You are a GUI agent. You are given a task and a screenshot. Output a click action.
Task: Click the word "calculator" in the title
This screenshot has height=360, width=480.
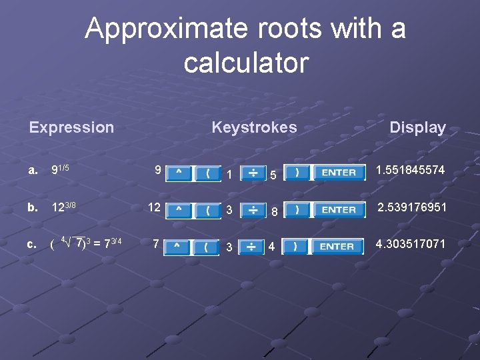point(246,63)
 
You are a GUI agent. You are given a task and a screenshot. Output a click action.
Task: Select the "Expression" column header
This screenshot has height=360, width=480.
point(71,127)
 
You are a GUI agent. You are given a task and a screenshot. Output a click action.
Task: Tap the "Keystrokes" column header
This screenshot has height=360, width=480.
point(254,127)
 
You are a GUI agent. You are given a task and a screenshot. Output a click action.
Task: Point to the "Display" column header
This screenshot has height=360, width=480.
point(417,128)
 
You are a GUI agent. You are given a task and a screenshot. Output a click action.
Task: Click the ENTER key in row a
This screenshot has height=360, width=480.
point(339,173)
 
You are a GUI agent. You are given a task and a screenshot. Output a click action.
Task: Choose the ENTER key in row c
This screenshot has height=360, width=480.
point(337,247)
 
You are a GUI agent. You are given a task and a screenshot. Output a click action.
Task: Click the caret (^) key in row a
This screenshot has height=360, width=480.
point(177,173)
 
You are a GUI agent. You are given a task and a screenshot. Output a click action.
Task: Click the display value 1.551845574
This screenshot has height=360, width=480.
point(410,171)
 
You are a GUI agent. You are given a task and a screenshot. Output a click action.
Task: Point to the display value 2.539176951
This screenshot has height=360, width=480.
point(412,207)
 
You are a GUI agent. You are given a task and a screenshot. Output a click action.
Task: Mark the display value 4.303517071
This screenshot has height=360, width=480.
point(410,244)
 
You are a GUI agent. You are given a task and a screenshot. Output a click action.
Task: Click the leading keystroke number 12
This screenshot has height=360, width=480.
point(154,207)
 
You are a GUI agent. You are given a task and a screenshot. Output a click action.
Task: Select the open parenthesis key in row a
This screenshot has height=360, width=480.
point(208,173)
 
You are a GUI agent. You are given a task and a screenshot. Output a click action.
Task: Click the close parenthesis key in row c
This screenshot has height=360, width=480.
point(294,247)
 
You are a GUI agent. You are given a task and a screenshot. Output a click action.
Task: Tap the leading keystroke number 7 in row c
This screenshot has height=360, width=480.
point(155,244)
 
